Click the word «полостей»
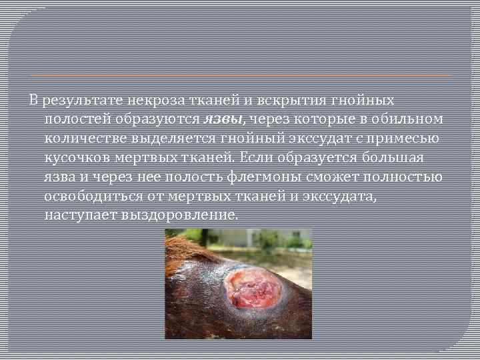coord(75,119)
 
